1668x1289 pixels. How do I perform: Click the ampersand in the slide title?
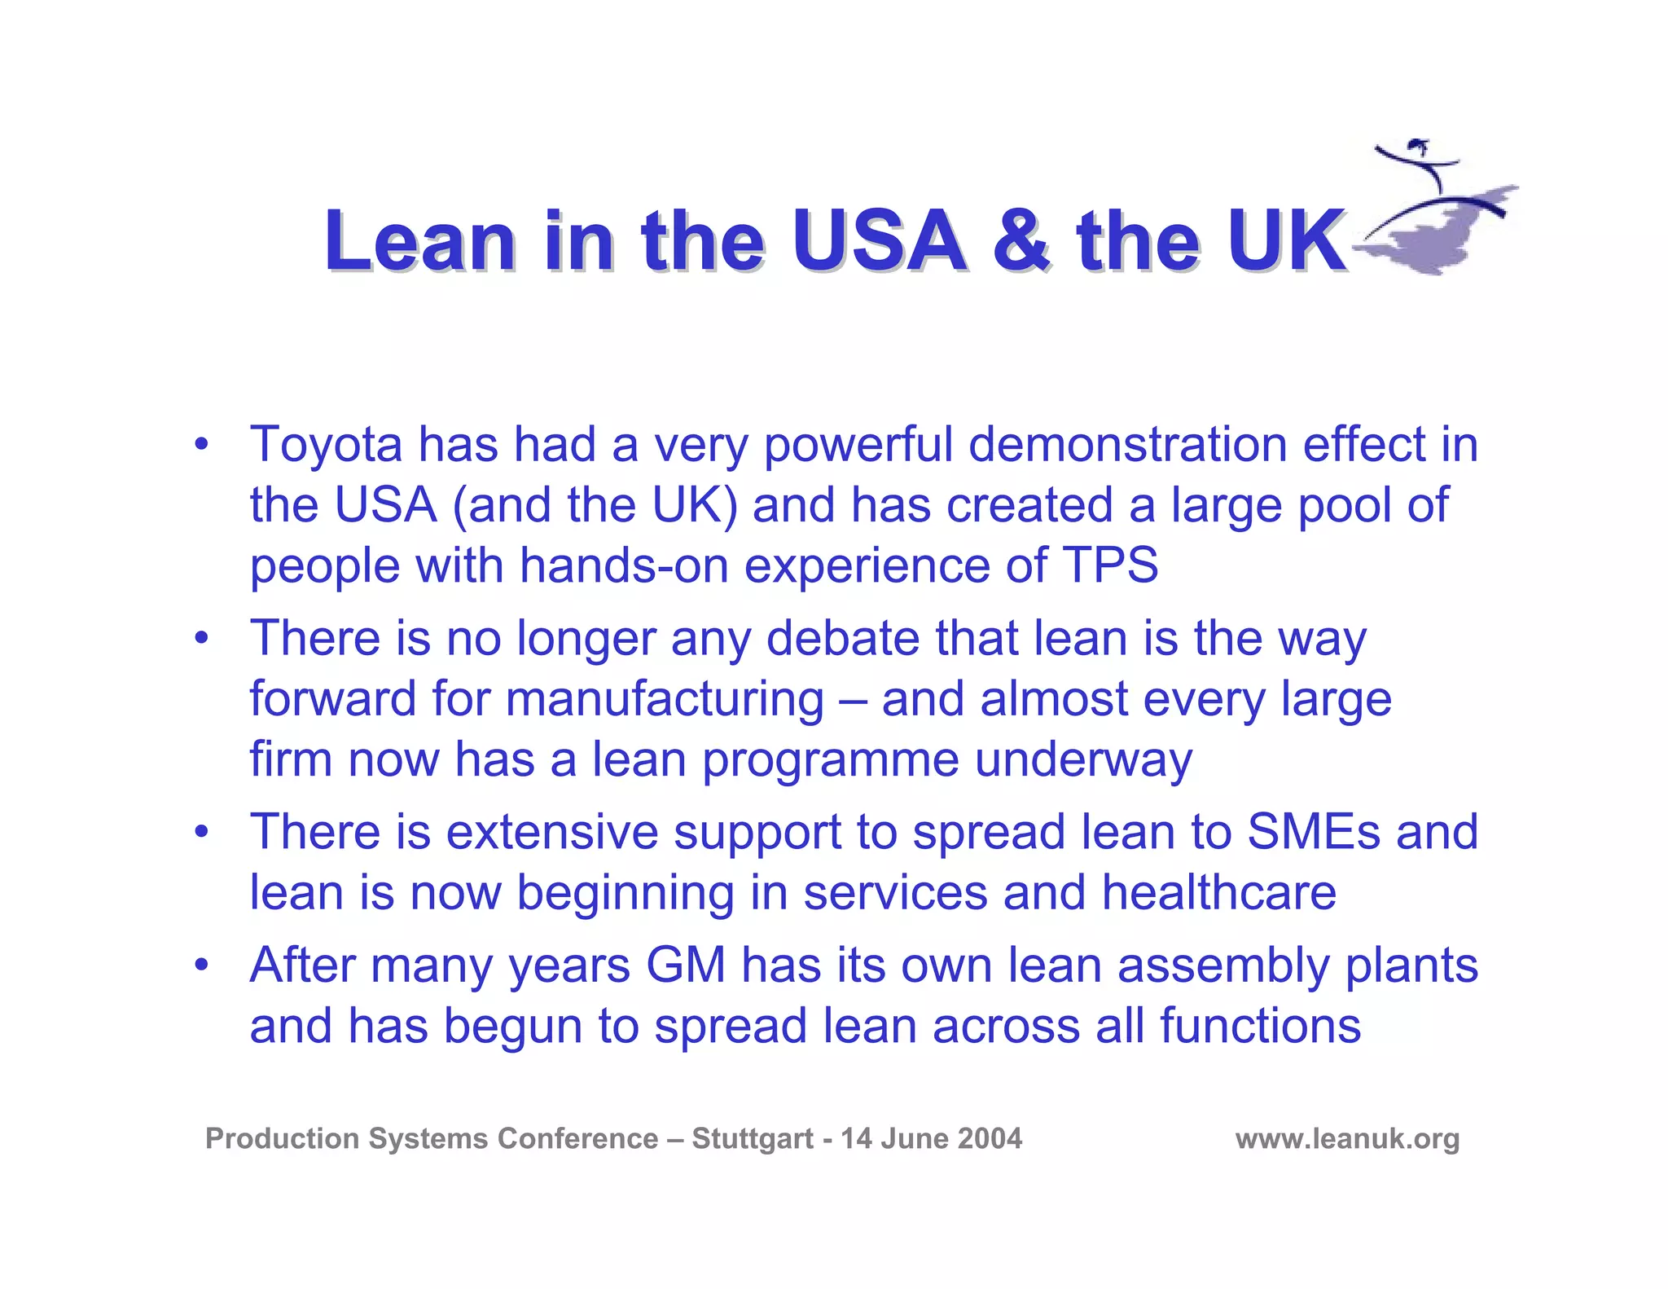(x=1021, y=241)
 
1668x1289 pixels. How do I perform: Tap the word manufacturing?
(x=664, y=699)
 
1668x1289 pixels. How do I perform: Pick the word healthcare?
(x=1218, y=892)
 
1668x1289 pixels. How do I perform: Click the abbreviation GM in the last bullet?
(x=686, y=966)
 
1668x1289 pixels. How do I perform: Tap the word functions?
(x=1260, y=1026)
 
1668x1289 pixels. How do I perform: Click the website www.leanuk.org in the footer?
(x=1347, y=1138)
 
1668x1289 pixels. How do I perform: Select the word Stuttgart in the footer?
(x=752, y=1138)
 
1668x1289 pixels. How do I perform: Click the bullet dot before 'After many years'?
(x=201, y=966)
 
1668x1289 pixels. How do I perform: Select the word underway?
(x=1083, y=759)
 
